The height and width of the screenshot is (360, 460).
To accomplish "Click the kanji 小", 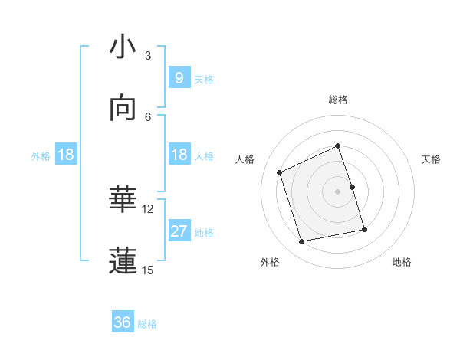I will (123, 47).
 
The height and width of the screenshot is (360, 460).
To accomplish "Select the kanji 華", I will (123, 200).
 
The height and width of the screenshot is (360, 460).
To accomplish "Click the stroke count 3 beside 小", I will (148, 56).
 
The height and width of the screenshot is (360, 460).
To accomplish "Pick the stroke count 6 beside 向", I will (148, 116).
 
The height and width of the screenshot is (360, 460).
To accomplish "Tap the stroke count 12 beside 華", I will (148, 208).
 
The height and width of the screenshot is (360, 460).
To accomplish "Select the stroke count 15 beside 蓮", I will (148, 270).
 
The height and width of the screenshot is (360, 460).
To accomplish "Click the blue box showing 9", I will (179, 77).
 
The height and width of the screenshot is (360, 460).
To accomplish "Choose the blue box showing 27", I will (179, 231).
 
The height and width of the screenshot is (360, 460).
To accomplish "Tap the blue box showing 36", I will (123, 322).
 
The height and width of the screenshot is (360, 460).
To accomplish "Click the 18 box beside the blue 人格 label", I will (179, 155).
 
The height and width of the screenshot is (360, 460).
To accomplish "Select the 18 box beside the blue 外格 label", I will (66, 155).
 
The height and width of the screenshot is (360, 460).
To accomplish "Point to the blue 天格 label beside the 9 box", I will (204, 79).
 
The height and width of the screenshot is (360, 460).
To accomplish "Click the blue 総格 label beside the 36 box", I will (147, 324).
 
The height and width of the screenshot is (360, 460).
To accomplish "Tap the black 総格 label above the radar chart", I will (338, 100).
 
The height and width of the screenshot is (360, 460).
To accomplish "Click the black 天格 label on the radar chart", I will (431, 159).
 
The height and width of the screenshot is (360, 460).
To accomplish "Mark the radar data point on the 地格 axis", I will (364, 229).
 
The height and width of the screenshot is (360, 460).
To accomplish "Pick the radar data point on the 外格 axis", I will (302, 241).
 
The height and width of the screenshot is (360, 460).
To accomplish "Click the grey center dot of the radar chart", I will (337, 191).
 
